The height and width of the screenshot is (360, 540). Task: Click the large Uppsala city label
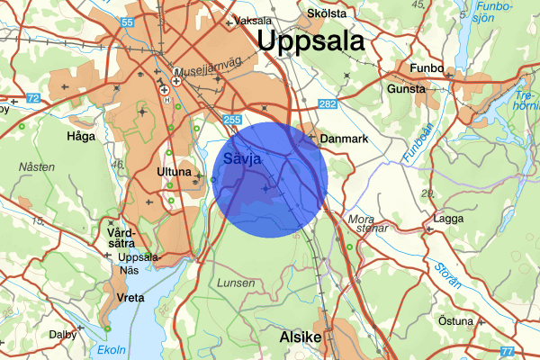point(310,41)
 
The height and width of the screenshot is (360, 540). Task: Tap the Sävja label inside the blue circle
point(241,159)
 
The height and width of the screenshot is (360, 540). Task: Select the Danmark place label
point(345,139)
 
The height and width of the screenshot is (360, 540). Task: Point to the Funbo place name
point(427,68)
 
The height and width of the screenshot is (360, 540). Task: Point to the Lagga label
point(447,219)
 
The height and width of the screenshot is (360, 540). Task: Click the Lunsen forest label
point(236,283)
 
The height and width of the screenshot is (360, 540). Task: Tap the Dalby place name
point(63,334)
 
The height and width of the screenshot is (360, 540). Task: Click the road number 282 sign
point(328,106)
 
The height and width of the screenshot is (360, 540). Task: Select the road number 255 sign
point(232,119)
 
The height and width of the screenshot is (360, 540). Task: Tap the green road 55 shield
point(127,22)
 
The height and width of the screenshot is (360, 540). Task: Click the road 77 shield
point(506,350)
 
